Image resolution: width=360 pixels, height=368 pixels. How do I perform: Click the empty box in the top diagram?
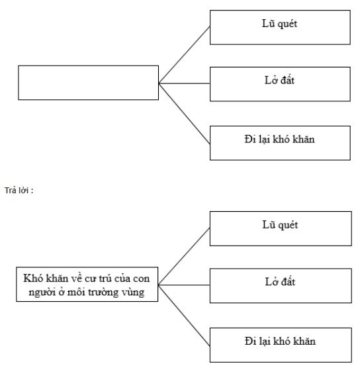point(89,82)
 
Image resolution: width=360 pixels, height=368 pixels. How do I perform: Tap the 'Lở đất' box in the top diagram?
point(281,83)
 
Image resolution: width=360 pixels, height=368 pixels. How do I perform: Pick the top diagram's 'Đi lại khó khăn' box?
point(281,142)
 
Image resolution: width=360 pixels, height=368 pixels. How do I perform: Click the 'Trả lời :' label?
point(19,190)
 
